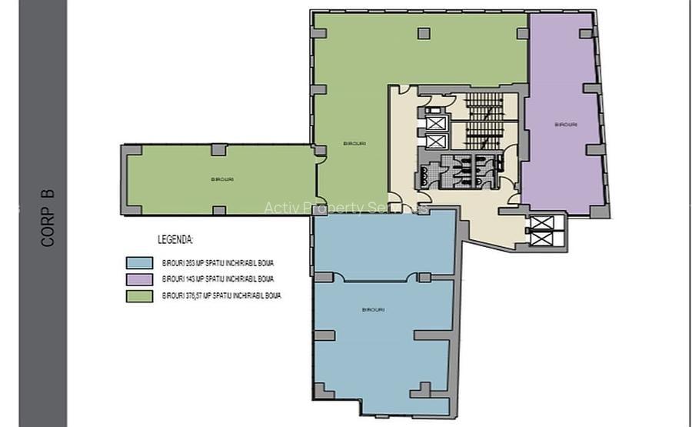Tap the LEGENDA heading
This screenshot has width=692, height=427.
[175, 240]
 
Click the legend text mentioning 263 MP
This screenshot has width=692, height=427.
[218, 263]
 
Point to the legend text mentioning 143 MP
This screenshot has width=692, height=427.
[218, 279]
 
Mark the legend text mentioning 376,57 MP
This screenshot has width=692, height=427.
[221, 295]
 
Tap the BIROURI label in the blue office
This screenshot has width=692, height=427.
[373, 309]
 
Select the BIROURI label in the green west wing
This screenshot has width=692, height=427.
[222, 179]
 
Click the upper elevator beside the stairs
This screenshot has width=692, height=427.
[435, 122]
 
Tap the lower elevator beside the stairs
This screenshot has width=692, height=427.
[435, 142]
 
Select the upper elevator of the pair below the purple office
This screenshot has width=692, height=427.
[542, 224]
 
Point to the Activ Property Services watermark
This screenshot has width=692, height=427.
[346, 208]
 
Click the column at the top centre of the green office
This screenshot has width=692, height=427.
[424, 33]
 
